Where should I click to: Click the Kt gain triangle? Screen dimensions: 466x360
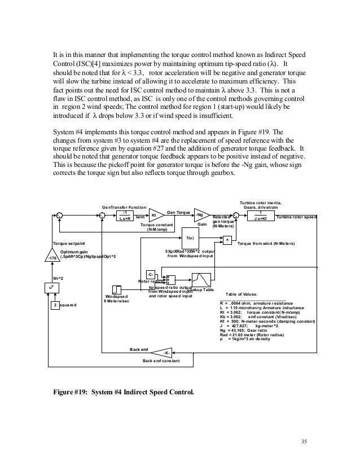tap(153, 215)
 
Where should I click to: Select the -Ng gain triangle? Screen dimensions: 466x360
tap(199, 215)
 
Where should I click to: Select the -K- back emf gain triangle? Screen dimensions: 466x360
tap(166, 353)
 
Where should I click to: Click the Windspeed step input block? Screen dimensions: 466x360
tap(117, 288)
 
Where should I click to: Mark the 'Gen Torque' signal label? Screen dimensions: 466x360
tap(179, 212)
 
